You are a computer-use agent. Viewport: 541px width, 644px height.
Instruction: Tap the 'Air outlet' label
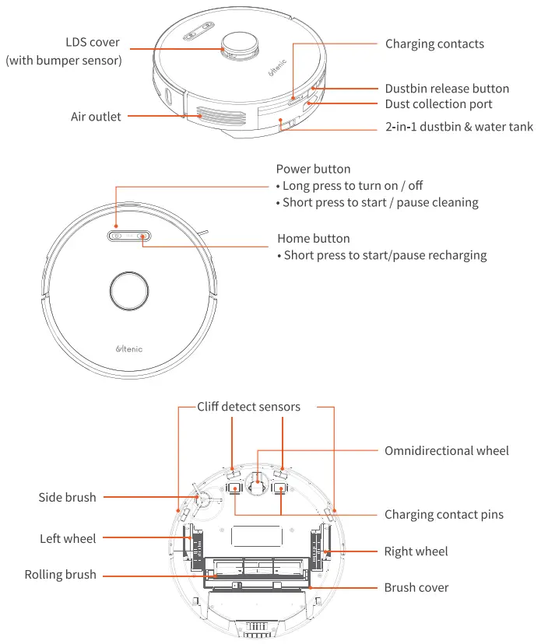coord(96,117)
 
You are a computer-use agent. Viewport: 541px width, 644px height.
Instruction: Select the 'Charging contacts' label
coord(434,44)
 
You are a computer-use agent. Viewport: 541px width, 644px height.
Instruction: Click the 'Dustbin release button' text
coord(447,89)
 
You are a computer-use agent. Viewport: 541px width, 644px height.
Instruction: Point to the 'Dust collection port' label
coord(438,104)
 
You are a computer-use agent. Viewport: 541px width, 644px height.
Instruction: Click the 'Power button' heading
coord(313,169)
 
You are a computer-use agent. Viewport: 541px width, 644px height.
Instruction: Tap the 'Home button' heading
coord(313,239)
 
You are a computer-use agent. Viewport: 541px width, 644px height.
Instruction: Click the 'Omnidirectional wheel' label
coord(447,451)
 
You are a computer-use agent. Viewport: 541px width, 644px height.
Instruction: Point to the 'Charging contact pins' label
coord(444,514)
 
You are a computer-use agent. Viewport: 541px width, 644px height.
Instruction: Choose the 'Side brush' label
coord(68,497)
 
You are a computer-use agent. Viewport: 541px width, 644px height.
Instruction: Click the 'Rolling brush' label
coord(61,575)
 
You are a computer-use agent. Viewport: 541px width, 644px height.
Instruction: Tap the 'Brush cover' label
coord(416,588)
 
